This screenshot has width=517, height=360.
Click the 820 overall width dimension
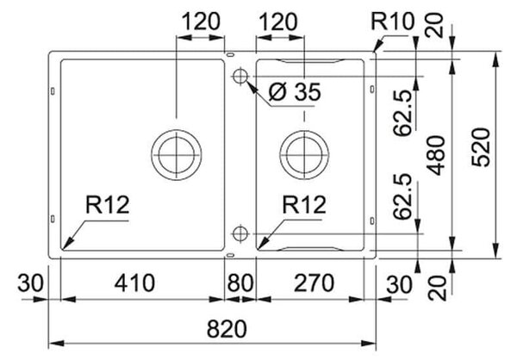(x=227, y=329)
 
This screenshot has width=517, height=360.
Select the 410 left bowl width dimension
(x=134, y=283)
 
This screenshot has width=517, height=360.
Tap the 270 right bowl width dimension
(x=314, y=283)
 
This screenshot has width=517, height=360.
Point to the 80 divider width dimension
(x=240, y=283)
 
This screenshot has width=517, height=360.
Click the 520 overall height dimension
(x=481, y=147)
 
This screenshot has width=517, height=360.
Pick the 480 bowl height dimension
(x=436, y=155)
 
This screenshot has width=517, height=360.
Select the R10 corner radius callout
(x=392, y=22)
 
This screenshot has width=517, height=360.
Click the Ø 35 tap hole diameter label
(x=295, y=91)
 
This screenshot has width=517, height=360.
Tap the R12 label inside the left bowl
(x=108, y=205)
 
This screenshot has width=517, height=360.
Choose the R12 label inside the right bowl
(x=304, y=205)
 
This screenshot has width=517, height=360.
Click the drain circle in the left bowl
(x=177, y=155)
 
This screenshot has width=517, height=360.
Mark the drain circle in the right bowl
(x=304, y=155)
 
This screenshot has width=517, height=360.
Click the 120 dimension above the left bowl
(x=201, y=22)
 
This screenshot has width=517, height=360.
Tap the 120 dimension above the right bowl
(x=278, y=22)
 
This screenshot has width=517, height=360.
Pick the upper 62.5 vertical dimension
(x=402, y=113)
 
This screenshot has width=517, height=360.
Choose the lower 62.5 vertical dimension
(x=402, y=196)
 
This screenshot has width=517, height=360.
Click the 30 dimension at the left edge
(x=30, y=283)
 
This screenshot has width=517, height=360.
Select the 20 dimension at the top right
(x=436, y=25)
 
